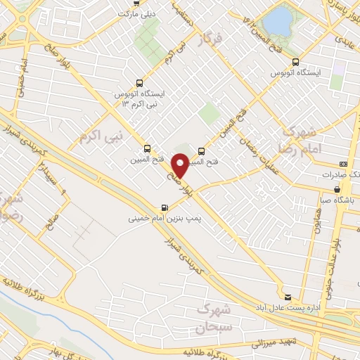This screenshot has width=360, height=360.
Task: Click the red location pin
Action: [181, 165]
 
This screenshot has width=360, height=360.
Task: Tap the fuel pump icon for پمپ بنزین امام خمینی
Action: [165, 207]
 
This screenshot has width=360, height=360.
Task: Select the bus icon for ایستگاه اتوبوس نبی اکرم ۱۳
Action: [139, 81]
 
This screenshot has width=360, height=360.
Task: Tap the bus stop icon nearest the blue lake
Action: [295, 61]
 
